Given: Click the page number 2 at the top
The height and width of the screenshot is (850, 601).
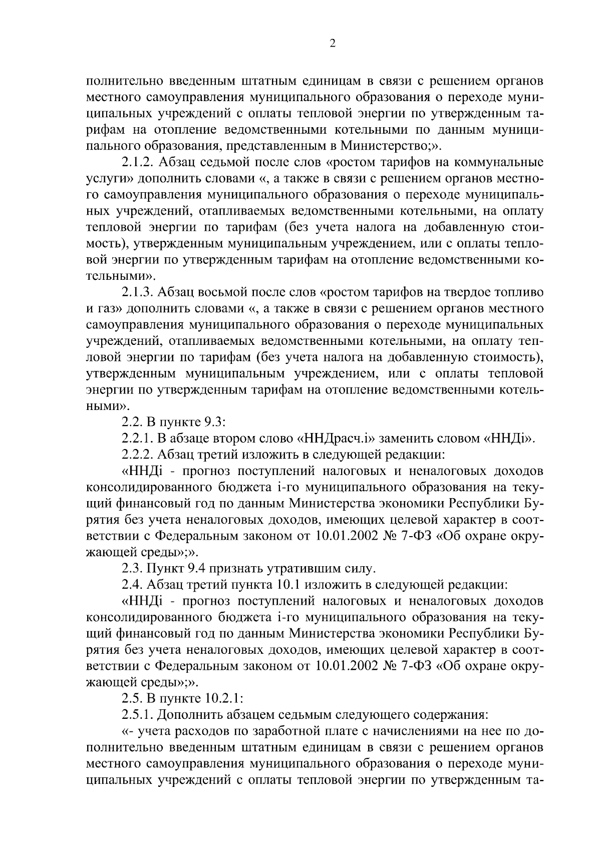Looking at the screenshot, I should [x=333, y=44].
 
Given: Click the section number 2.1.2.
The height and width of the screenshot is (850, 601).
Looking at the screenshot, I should [x=138, y=163].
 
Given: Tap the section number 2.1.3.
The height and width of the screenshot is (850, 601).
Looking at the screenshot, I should [x=138, y=292].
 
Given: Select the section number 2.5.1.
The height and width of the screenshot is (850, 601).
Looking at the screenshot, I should [x=138, y=714].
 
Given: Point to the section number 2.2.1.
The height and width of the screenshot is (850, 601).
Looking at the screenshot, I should [x=138, y=439].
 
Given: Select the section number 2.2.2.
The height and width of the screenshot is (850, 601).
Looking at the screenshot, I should [x=138, y=455].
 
